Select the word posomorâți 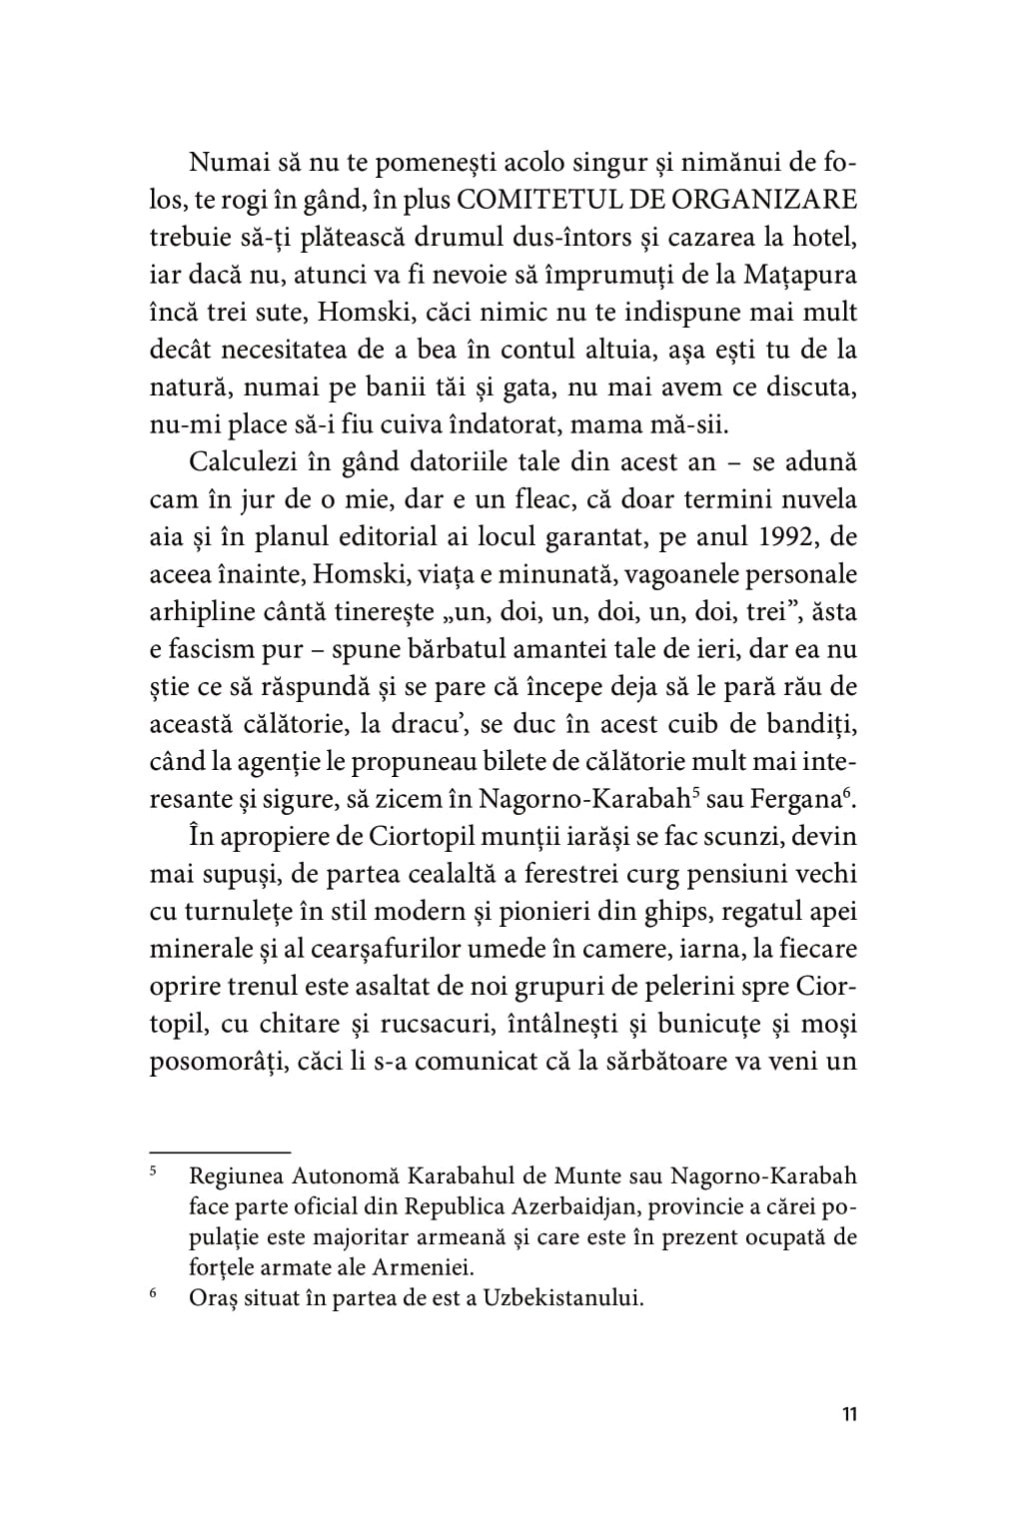pyautogui.click(x=220, y=1061)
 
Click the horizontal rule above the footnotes pyautogui.click(x=219, y=1150)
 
